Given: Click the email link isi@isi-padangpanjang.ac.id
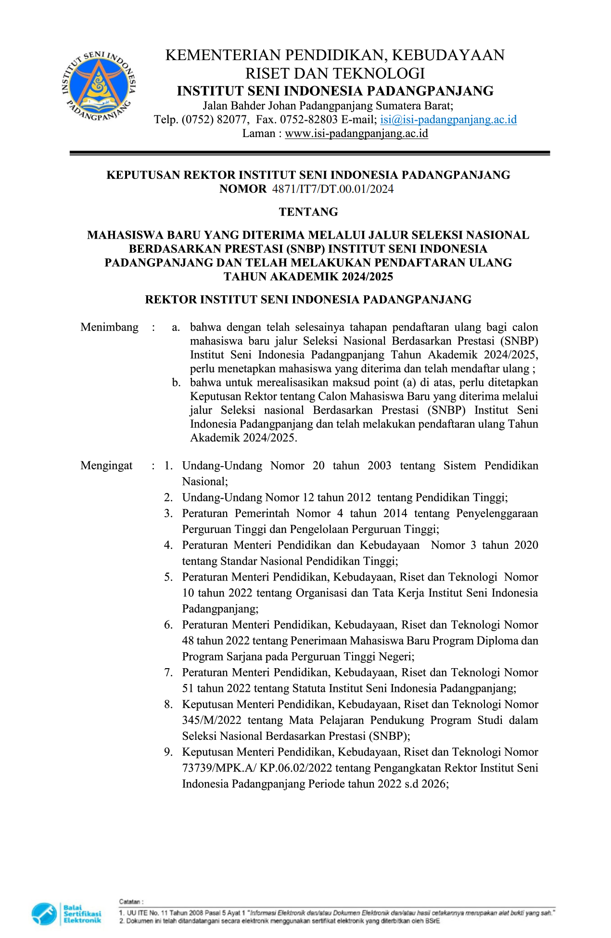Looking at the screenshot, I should point(448,119).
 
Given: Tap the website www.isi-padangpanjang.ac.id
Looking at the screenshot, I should point(356,133).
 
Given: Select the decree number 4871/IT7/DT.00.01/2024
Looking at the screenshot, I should point(332,189).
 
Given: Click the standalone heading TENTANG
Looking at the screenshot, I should point(308,212).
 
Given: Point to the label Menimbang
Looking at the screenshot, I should point(109,327).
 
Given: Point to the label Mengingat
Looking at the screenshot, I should point(106,466).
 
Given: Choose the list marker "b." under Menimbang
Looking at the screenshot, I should point(177,383).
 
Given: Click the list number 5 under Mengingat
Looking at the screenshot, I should point(168,577).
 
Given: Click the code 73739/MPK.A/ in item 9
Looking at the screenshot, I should point(219,768).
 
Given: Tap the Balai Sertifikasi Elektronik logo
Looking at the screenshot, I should point(67,913).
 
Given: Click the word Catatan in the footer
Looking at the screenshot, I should point(130,901).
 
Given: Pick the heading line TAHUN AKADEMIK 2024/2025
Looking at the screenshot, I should point(308,277).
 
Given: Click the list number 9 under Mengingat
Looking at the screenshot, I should point(168,752).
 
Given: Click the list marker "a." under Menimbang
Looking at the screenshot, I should point(176,328).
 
